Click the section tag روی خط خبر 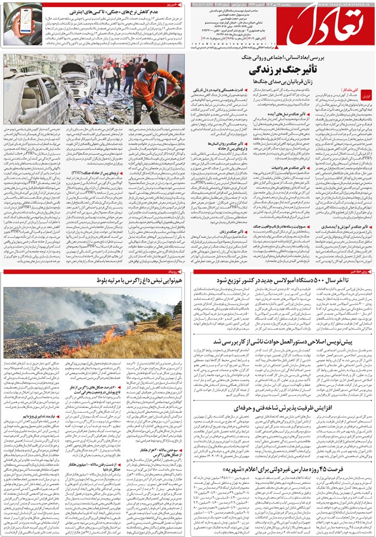click(x=357, y=271)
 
